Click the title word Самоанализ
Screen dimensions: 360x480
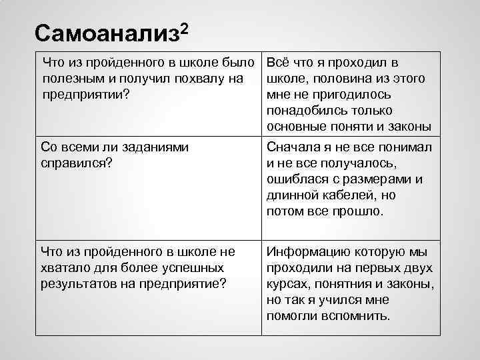coord(105,34)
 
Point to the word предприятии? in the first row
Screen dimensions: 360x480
coord(85,94)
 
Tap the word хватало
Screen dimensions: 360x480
coord(67,268)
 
